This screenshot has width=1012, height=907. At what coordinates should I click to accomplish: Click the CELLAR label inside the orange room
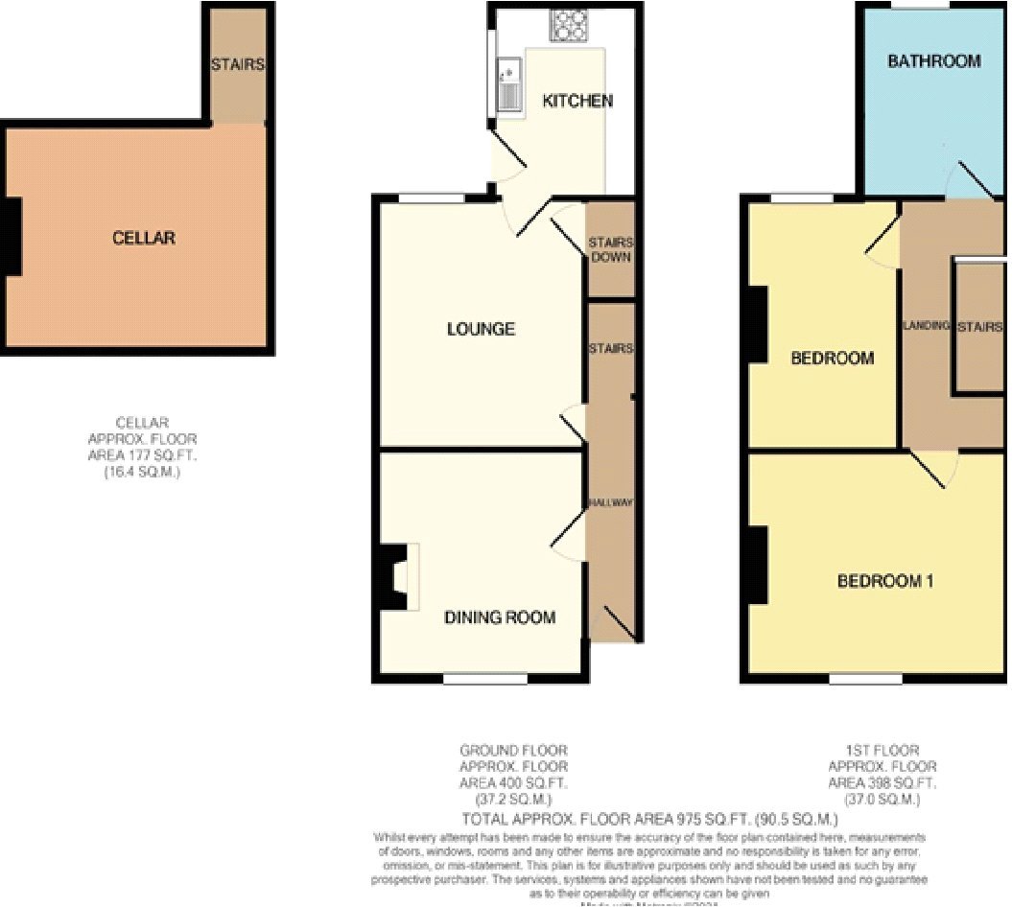click(144, 237)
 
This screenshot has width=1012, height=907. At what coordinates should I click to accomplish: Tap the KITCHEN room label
click(577, 101)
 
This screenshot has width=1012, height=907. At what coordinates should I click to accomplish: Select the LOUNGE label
click(481, 329)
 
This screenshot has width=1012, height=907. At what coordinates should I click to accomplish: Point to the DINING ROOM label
click(500, 616)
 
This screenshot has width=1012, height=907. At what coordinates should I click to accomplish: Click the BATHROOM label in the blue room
click(933, 61)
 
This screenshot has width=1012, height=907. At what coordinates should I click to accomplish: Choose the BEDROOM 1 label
click(885, 580)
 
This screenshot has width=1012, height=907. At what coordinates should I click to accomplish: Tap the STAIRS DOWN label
click(610, 250)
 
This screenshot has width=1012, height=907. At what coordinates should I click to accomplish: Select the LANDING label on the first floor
click(926, 326)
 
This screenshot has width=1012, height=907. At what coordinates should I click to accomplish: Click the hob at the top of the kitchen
click(569, 25)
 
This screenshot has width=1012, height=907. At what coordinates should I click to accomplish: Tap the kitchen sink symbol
click(507, 84)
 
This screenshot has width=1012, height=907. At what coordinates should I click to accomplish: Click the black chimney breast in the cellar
click(12, 238)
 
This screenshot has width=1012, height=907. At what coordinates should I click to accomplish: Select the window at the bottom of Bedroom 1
click(865, 679)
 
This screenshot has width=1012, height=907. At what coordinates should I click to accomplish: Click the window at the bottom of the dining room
click(485, 679)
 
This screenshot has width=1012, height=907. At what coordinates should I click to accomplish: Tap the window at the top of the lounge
click(432, 198)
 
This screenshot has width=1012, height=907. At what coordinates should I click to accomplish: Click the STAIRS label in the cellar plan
click(238, 65)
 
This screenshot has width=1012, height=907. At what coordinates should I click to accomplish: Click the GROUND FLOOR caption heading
click(513, 750)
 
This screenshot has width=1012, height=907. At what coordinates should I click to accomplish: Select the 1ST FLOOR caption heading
click(883, 750)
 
